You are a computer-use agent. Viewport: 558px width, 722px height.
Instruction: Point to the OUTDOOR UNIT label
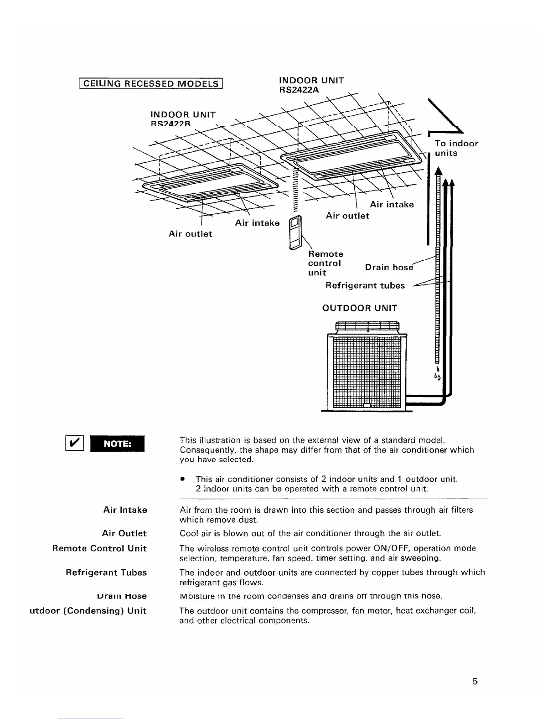pos(360,308)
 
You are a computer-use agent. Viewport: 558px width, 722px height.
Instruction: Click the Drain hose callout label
pos(389,268)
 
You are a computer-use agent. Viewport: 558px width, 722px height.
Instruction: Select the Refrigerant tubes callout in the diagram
pos(365,285)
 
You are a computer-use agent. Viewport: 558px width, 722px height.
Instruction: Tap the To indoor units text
pos(456,148)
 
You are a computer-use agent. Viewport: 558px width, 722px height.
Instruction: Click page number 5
pos(475,682)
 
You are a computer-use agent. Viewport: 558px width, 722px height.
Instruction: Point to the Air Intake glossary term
pos(125,510)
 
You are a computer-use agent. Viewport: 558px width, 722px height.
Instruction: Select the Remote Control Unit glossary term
pos(99,548)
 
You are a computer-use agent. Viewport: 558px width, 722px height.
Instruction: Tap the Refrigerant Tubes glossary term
pos(106,572)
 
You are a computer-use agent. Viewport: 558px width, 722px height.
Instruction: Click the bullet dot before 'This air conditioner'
pos(182,479)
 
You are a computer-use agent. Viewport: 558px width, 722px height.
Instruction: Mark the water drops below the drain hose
pos(437,374)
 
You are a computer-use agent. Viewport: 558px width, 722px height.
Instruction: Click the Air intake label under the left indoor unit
pos(257,223)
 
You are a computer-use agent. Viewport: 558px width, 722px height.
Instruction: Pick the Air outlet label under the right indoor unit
pos(347,216)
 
